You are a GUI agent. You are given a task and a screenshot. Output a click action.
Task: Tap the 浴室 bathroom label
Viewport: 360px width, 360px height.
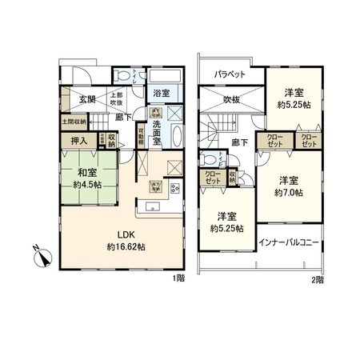click(x=161, y=94)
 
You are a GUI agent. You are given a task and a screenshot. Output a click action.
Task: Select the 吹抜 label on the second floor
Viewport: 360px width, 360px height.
click(x=232, y=100)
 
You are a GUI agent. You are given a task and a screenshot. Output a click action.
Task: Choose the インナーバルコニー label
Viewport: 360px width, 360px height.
click(x=290, y=242)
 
